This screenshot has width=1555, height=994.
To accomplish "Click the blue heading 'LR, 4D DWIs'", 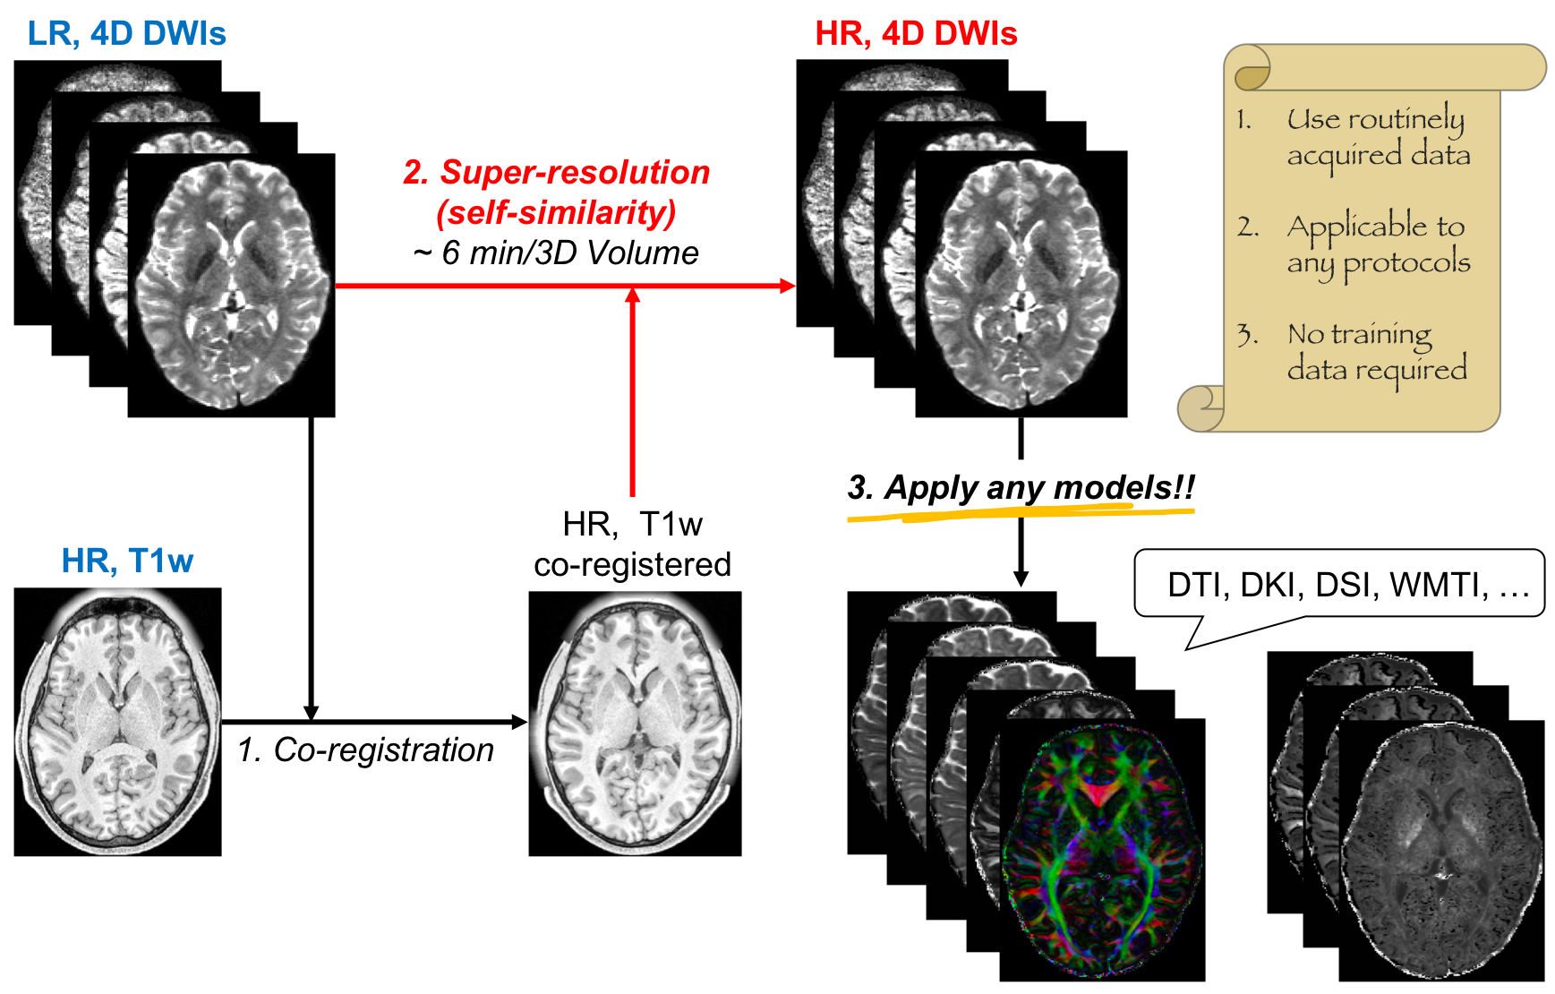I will coord(126,34).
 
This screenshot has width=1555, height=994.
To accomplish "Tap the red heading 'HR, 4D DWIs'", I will coord(916,34).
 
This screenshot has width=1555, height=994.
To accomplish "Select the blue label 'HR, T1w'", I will coord(127,561).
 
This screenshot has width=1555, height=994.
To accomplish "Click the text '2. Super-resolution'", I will coord(556,172).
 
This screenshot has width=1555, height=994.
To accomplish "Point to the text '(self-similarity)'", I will coord(556,213).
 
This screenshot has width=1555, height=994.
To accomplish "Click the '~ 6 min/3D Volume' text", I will coord(556,253).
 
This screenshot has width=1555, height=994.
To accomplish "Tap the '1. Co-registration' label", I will coord(366,750).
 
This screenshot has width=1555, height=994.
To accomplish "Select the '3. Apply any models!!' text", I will coord(1021,488).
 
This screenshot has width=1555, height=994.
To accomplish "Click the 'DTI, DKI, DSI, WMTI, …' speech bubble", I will coord(1339,585).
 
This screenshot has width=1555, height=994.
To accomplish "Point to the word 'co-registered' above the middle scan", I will coord(632,565).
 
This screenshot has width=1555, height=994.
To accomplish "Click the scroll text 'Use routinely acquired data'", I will coord(1377,136).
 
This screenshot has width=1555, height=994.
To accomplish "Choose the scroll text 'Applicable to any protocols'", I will coord(1377,244).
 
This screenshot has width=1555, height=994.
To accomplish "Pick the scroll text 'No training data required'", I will coord(1377,351).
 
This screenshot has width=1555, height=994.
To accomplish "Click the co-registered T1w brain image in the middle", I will coord(635,724).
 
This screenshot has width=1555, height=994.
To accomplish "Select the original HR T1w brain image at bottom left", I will coord(117,722).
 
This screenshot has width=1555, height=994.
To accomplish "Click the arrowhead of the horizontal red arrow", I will coord(789,286).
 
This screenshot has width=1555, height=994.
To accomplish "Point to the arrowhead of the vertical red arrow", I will coord(633,296).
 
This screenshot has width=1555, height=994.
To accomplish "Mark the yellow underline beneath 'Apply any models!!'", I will coord(1021,513).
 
